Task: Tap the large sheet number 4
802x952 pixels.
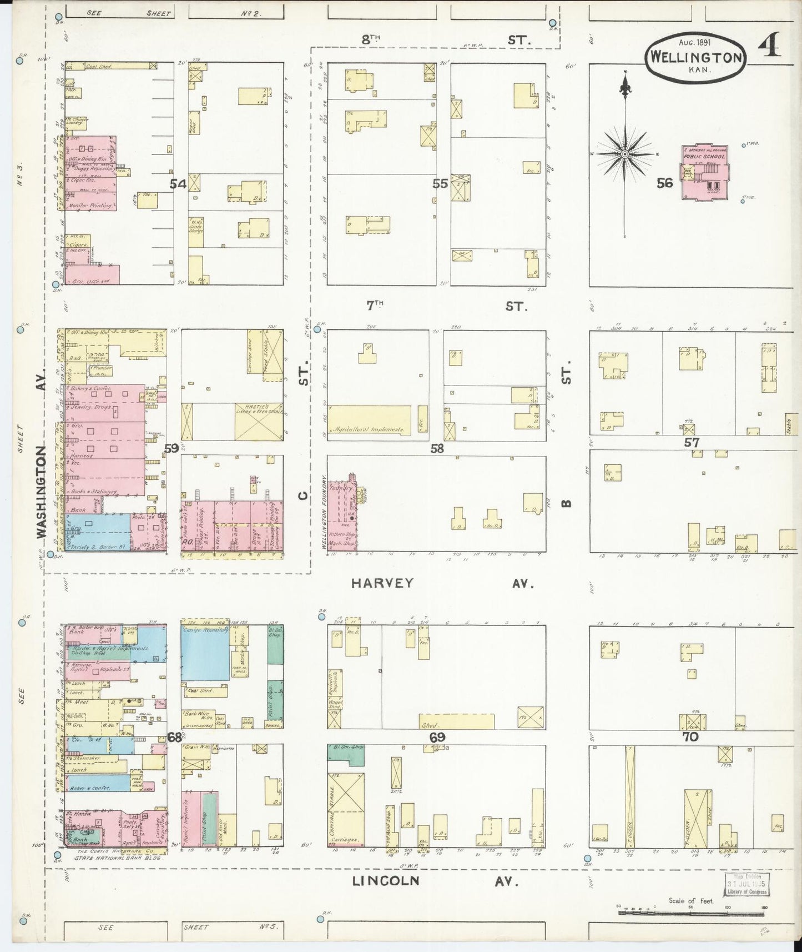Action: coord(769,45)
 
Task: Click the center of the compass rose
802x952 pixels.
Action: coord(626,154)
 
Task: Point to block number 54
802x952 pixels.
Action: coord(178,183)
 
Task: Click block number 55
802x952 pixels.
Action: coord(440,183)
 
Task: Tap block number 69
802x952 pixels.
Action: coord(437,737)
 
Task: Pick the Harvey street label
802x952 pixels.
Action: coord(383,583)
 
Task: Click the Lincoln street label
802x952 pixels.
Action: coord(386,880)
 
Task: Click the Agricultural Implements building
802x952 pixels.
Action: coord(370,419)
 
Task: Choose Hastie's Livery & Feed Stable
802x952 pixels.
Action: coord(258,422)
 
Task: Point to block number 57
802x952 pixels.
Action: coord(692,442)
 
